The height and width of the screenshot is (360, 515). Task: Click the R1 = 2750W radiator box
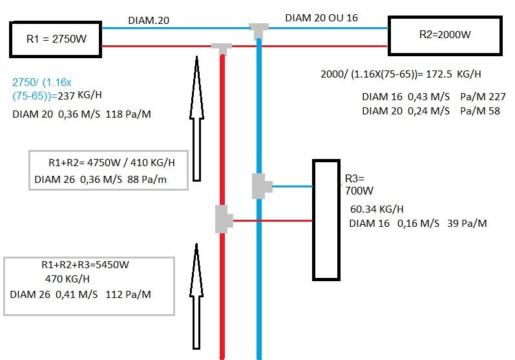pyautogui.click(x=56, y=39)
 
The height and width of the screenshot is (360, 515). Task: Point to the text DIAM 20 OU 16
pyautogui.click(x=321, y=19)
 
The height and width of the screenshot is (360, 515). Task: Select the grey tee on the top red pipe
pyautogui.click(x=222, y=47)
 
